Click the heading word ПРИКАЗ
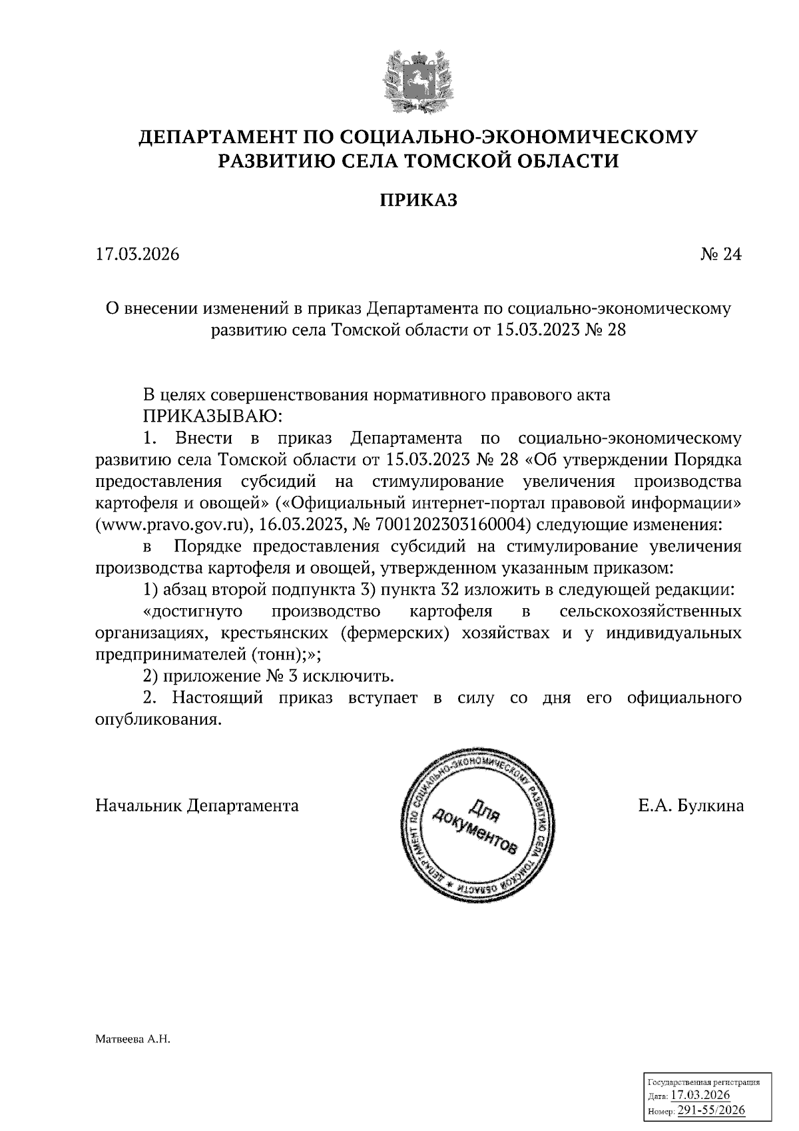pyautogui.click(x=418, y=200)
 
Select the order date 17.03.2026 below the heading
pyautogui.click(x=137, y=254)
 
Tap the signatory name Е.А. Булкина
pyautogui.click(x=690, y=806)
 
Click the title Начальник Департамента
pyautogui.click(x=197, y=806)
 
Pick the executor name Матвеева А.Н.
pyautogui.click(x=133, y=1039)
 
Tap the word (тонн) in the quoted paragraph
pyautogui.click(x=275, y=654)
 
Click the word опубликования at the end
pyautogui.click(x=157, y=720)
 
